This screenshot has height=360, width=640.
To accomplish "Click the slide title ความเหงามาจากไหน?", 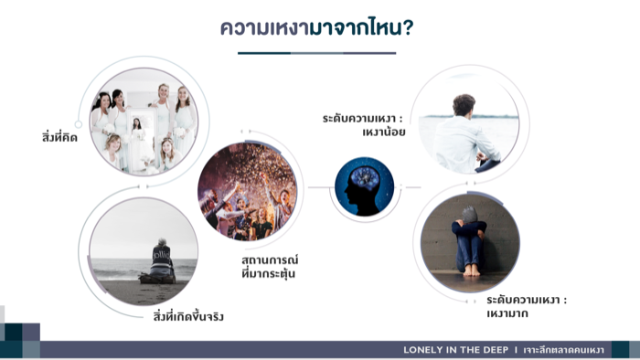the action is tap(316, 27).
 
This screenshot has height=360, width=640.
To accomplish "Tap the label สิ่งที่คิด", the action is tap(59, 137).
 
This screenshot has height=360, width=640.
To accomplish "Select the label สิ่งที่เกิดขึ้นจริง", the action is tap(188, 316).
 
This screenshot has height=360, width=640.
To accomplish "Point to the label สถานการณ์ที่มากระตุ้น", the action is tap(270, 267).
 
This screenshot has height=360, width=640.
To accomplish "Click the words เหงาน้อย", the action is tap(384, 132).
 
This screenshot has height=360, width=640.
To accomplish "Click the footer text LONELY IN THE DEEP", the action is tap(455, 350).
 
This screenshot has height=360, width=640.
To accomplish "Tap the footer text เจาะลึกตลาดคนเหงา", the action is tap(563, 350).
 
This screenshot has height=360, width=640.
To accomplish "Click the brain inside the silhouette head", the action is tap(366, 178).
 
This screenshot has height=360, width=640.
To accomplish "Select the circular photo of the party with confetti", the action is tap(248, 191).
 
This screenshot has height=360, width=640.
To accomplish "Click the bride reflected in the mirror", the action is tap(137, 141).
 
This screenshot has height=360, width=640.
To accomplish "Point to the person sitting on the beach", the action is tap(160, 261).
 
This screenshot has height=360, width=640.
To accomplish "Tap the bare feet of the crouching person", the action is tap(471, 270).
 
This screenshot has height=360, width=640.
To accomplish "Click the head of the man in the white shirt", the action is tap(464, 104).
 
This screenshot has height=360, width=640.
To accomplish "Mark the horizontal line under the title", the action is tap(316, 53).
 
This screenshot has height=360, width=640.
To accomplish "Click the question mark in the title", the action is tap(408, 27).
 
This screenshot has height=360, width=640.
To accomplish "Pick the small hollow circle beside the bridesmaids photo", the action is tap(78, 124).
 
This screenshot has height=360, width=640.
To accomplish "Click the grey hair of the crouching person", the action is tap(470, 215).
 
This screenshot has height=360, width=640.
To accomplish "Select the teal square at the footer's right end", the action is tap(621, 350).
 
